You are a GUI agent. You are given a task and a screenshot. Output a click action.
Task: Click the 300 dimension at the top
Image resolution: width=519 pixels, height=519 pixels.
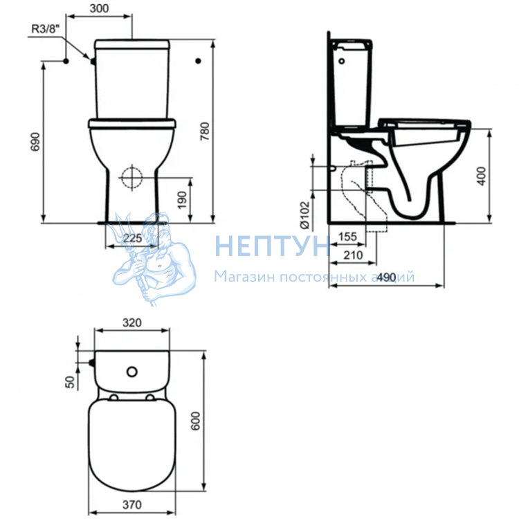pos(99,8)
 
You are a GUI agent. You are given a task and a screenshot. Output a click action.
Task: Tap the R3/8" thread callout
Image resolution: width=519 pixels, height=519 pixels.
pos(46,29)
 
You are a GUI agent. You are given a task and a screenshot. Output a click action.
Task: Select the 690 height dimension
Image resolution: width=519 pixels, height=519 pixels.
pos(35,142)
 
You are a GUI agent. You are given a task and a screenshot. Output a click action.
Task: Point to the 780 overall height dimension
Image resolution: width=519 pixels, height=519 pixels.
pos(205,131)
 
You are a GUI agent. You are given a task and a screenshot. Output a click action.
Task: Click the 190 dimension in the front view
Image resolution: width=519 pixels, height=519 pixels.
pos(183,200)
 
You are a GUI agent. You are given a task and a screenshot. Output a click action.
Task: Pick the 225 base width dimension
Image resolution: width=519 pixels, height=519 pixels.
pos(132,237)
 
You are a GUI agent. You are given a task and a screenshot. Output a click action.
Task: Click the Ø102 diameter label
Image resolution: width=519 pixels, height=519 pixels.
pos(304,215)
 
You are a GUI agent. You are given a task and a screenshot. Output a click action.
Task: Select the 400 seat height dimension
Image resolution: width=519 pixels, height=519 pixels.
pos(482,176)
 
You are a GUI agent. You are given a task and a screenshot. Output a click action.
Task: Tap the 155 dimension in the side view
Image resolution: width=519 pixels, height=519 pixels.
pos(347,237)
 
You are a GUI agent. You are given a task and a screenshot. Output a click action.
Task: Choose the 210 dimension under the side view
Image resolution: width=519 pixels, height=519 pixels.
pos(353,255)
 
